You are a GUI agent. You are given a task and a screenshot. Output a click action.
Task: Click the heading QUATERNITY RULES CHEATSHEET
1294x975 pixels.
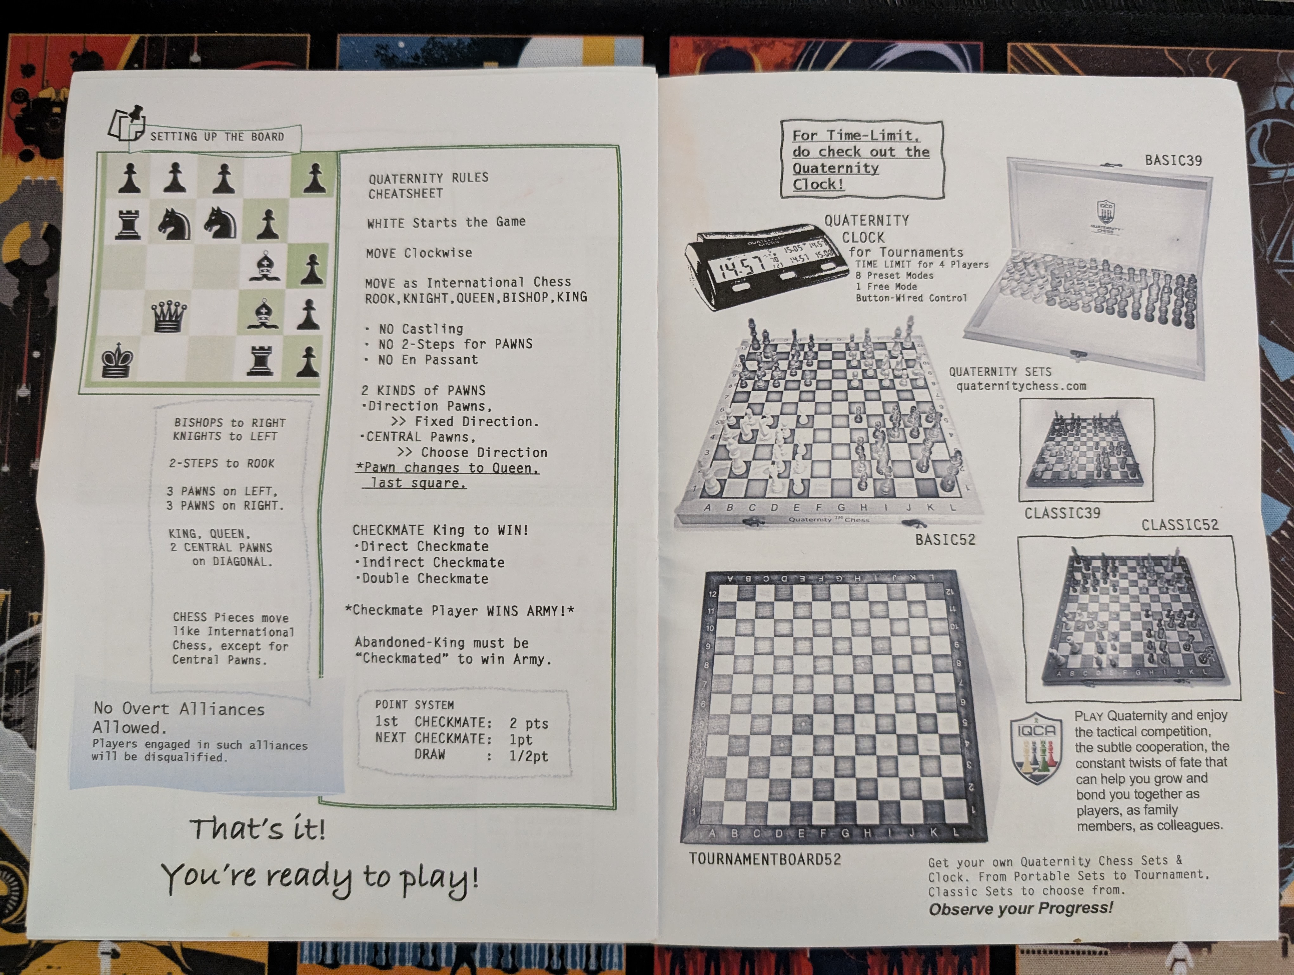(428, 186)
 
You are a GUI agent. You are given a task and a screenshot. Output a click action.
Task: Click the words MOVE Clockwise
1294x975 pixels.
(419, 253)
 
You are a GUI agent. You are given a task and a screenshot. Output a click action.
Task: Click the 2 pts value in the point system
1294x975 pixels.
(529, 723)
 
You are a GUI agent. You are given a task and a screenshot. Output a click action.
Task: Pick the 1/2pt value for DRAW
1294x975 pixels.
(528, 756)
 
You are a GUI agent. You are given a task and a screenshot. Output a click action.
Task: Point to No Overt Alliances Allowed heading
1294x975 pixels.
(179, 718)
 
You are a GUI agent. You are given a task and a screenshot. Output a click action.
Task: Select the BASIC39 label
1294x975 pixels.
(1173, 160)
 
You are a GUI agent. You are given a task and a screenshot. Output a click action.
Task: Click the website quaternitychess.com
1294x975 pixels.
(1021, 386)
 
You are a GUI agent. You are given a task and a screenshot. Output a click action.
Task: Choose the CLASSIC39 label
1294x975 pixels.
(1062, 513)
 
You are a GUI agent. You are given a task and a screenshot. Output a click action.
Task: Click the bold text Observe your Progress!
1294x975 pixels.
(1021, 908)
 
